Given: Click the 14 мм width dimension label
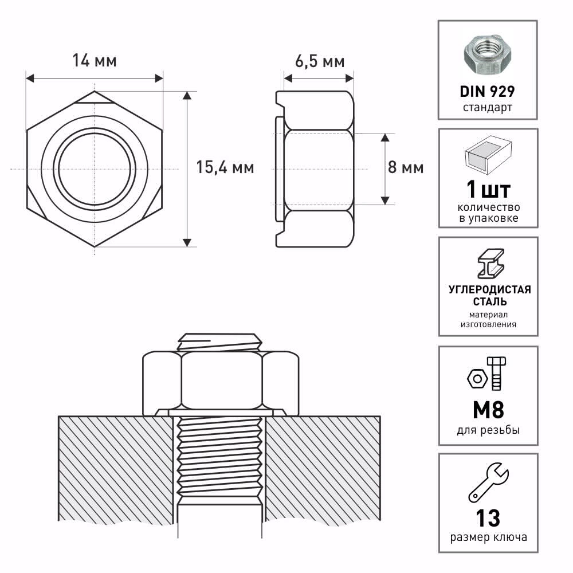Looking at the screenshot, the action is pos(95,61).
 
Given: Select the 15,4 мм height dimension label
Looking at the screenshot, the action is pos(225,167).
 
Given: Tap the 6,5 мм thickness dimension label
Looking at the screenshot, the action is pos(320,61).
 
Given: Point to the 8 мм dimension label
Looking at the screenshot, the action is pos(406,167).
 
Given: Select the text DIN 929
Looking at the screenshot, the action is pos(488,91).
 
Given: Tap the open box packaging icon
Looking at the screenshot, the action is pos(488,155).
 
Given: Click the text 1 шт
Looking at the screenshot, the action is pos(488,190).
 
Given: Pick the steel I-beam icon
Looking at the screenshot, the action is pos(491,264).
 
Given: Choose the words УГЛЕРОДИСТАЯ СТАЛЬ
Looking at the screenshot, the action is pos(490,295).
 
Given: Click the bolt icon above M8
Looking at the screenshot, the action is pos(497,374).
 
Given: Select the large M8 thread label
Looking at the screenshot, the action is pos(488,410).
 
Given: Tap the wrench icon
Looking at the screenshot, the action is pos(489,482).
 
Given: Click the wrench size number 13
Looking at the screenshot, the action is pos(488,518).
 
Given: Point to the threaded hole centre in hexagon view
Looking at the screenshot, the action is pos(95,169).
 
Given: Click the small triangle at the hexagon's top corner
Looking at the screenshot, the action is pos(95,97).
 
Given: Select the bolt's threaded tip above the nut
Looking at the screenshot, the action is pos(219,343).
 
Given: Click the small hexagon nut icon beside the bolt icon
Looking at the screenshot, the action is pos(477,379).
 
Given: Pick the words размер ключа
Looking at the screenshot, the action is pos(488,537).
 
